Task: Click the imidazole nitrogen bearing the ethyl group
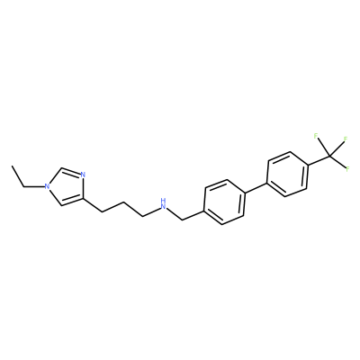47,186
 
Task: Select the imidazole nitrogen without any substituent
83,175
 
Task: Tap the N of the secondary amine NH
163,206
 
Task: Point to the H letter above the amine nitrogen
163,200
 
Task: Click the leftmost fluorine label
316,136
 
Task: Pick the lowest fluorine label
348,168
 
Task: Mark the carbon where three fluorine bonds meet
329,156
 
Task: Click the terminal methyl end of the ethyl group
12,166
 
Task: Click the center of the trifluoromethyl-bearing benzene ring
288,175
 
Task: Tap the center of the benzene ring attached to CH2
224,202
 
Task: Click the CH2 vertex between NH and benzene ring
183,220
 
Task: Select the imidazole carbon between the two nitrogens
61,168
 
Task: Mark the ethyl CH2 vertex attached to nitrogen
24,187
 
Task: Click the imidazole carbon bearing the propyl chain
82,199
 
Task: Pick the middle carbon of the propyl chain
122,203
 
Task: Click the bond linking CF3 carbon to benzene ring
319,160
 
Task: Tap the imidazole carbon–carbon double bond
71,202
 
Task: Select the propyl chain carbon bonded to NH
142,216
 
